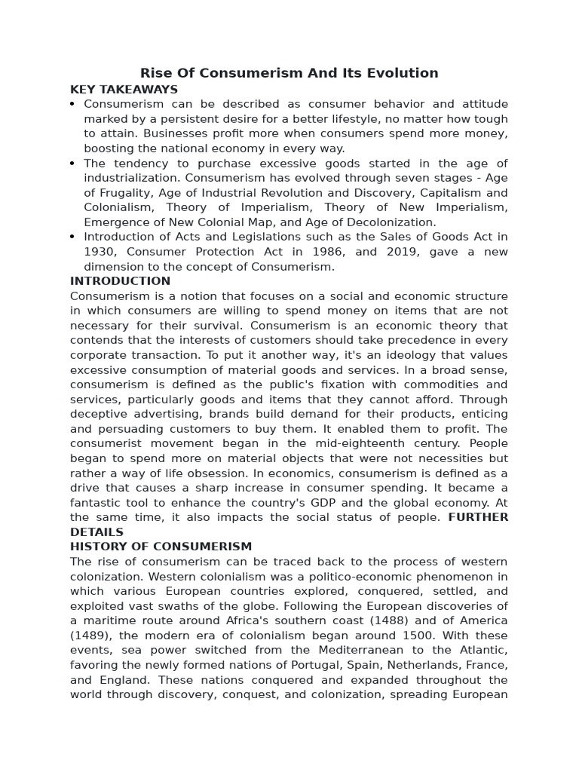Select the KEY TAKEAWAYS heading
(124, 89)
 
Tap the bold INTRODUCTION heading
(121, 281)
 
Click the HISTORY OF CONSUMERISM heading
(161, 547)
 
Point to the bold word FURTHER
(478, 517)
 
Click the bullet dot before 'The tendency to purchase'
(72, 164)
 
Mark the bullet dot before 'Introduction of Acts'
(72, 237)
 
